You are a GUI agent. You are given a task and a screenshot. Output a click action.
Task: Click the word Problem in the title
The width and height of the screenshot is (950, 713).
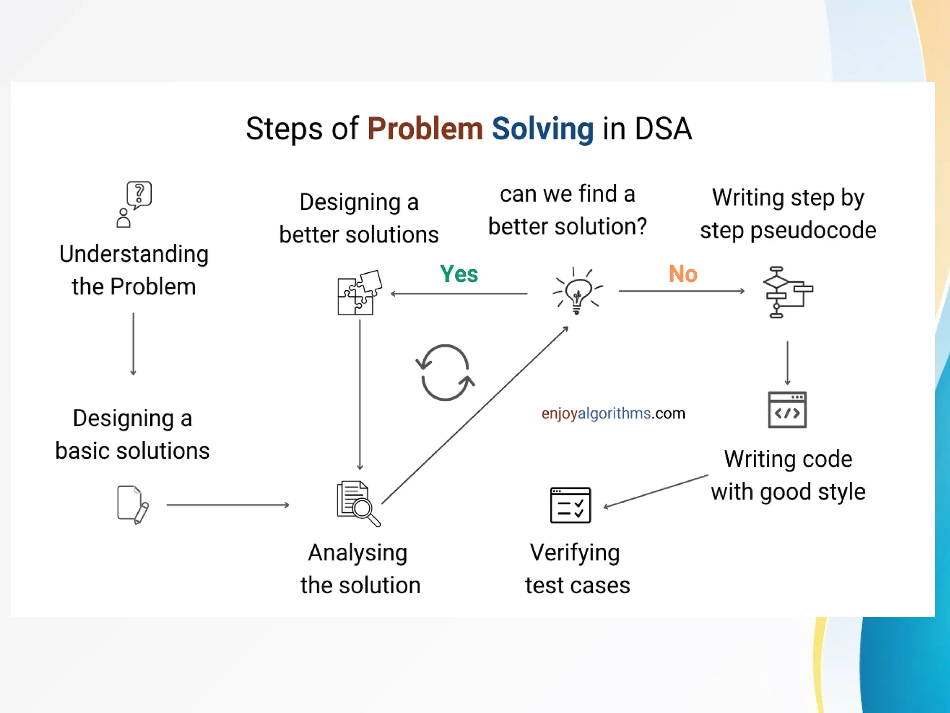tap(425, 129)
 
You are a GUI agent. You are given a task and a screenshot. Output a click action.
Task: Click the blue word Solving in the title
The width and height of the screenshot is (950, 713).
tap(542, 129)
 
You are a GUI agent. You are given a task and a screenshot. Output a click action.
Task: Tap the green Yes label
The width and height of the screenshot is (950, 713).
tap(459, 274)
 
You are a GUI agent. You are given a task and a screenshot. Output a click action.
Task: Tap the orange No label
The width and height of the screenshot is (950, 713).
tap(683, 274)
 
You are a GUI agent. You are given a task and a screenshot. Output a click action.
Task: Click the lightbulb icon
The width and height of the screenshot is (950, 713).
tap(577, 292)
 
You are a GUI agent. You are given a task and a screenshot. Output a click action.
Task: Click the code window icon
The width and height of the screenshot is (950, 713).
tap(787, 410)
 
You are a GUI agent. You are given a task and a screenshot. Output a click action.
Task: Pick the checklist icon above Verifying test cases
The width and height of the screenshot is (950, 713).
tap(570, 505)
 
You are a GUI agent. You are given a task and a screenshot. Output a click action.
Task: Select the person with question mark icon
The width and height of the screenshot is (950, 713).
tap(134, 204)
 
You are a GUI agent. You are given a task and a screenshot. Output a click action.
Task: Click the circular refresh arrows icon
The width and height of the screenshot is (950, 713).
tap(445, 372)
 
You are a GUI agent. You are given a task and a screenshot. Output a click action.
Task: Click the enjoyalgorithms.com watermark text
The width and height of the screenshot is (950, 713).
tap(613, 413)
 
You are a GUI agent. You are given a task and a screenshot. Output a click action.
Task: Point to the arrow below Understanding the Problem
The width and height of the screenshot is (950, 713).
tap(133, 344)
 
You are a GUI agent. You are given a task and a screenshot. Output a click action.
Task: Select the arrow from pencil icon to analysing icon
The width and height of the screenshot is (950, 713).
tap(227, 505)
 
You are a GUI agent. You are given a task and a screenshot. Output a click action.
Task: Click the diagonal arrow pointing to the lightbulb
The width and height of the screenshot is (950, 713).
tap(474, 415)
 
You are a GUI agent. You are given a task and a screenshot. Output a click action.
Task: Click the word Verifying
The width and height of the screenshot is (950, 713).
tap(575, 553)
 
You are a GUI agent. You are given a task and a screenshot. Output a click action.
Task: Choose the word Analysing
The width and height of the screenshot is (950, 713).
tap(358, 553)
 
